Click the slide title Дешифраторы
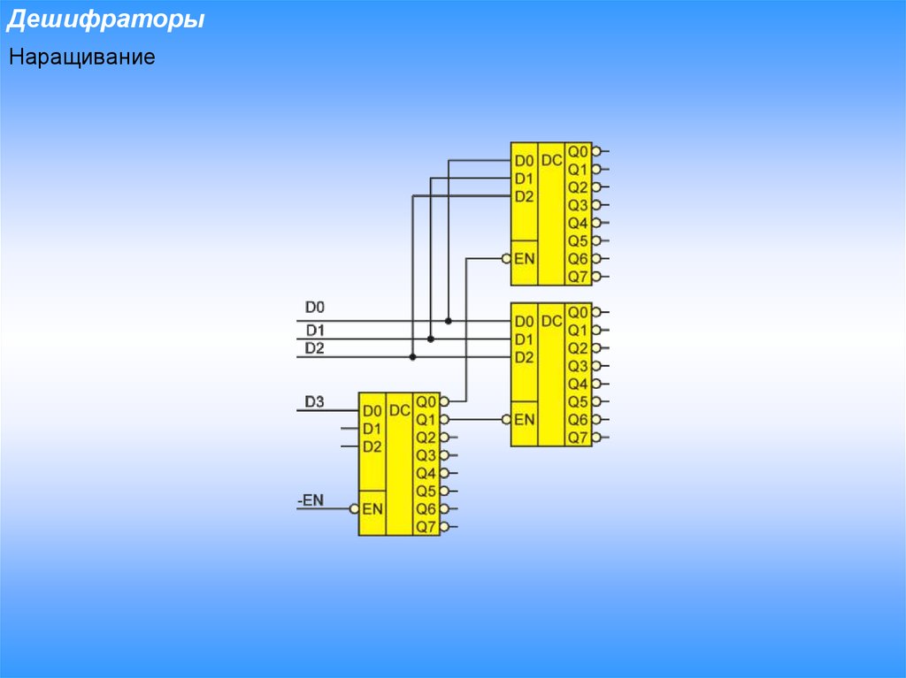[106, 19]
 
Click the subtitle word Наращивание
[82, 57]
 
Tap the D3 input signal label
[314, 401]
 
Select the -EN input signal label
[311, 500]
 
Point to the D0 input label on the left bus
[315, 308]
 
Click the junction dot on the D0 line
[449, 321]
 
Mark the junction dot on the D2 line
[412, 357]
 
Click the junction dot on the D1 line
[431, 339]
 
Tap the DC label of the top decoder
[551, 161]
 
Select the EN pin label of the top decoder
[524, 259]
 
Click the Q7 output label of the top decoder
[578, 277]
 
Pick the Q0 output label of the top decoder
[578, 152]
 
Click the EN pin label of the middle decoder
[524, 420]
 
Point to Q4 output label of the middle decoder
[578, 384]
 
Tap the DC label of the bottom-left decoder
[399, 411]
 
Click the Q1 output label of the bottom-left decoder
[426, 420]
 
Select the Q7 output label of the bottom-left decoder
[426, 527]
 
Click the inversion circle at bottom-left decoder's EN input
[354, 509]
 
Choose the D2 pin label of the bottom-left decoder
[372, 447]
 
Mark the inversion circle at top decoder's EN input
[507, 259]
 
